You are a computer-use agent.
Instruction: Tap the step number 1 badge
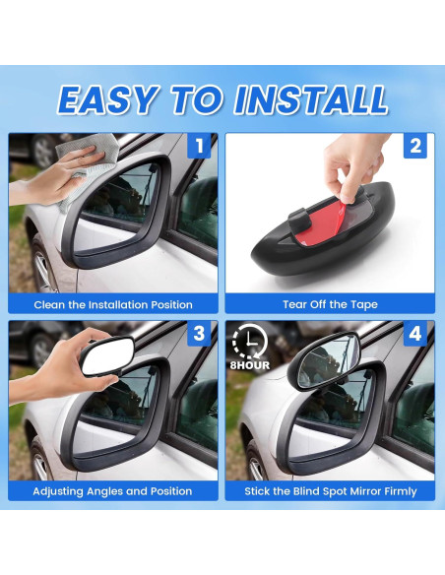[198, 147]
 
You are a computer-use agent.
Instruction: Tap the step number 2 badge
[414, 147]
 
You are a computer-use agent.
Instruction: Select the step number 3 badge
[198, 333]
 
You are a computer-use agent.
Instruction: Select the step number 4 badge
[414, 333]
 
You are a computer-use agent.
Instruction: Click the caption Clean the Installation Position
[113, 304]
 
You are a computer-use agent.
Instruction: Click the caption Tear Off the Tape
[330, 304]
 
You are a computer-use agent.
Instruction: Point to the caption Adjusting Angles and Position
[113, 490]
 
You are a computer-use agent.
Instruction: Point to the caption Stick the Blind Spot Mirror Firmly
[330, 490]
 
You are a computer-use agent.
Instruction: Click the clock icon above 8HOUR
[249, 341]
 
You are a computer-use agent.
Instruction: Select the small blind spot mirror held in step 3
[106, 356]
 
